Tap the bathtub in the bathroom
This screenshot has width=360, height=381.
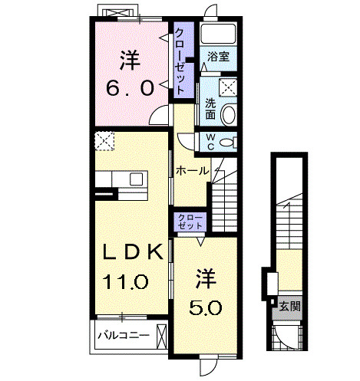pos(217,35)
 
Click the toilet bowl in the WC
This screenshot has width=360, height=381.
pos(227,143)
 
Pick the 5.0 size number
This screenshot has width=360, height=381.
pos(206,307)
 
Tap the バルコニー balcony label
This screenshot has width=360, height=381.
pos(122,335)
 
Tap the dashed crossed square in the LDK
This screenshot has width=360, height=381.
pos(104,141)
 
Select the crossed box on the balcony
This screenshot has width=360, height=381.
pos(161,335)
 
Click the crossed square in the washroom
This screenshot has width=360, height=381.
pos(227,86)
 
